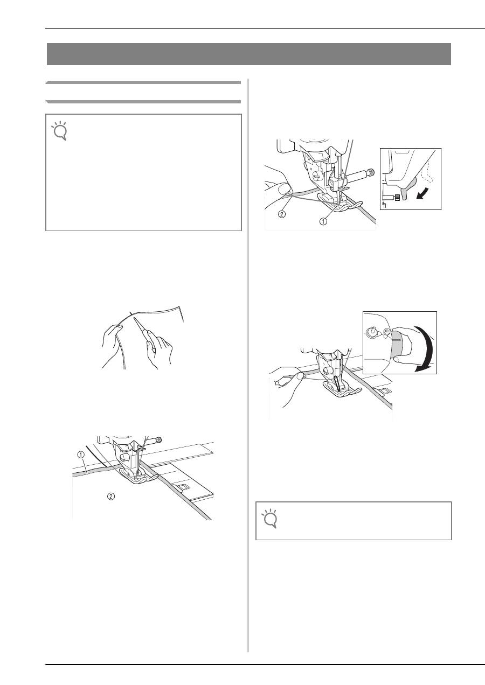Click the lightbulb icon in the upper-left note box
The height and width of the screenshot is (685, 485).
59,130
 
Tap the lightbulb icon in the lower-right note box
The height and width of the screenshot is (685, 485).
269,518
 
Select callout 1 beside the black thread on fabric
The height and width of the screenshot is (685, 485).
81,455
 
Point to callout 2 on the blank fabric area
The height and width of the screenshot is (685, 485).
111,496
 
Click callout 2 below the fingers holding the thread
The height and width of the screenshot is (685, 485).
281,214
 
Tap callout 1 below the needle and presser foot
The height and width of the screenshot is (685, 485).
323,221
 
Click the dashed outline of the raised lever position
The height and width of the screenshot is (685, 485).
428,176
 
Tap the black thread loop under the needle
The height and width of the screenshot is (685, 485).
337,384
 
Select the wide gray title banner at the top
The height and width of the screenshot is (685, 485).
249,54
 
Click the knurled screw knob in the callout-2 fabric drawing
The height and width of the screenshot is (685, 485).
158,441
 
